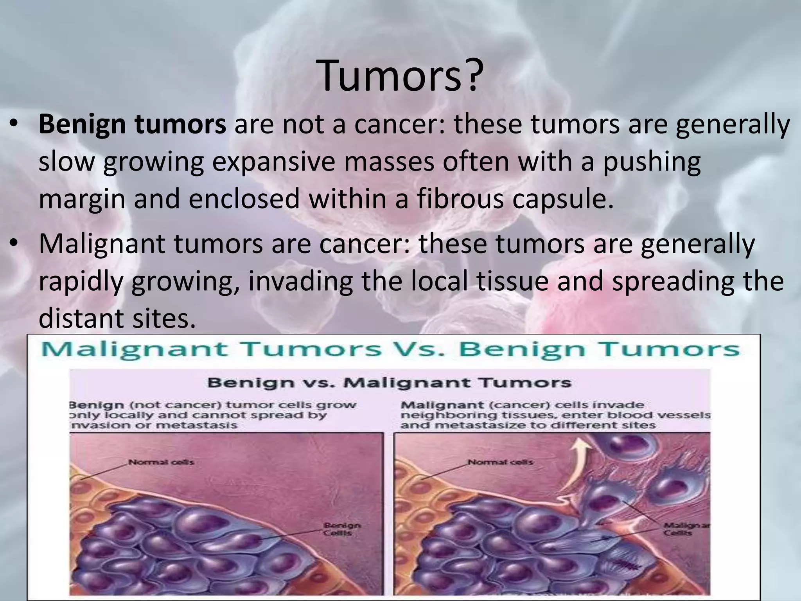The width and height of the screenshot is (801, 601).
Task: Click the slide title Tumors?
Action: pos(400,76)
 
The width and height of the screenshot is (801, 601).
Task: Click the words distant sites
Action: pos(117,318)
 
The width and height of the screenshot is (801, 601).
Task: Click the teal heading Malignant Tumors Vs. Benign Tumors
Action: pos(390,349)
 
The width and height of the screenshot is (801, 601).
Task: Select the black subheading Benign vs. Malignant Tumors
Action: pos(389,382)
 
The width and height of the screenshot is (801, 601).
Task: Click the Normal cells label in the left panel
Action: pos(161,462)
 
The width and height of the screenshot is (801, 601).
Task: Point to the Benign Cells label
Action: pos(342,529)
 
